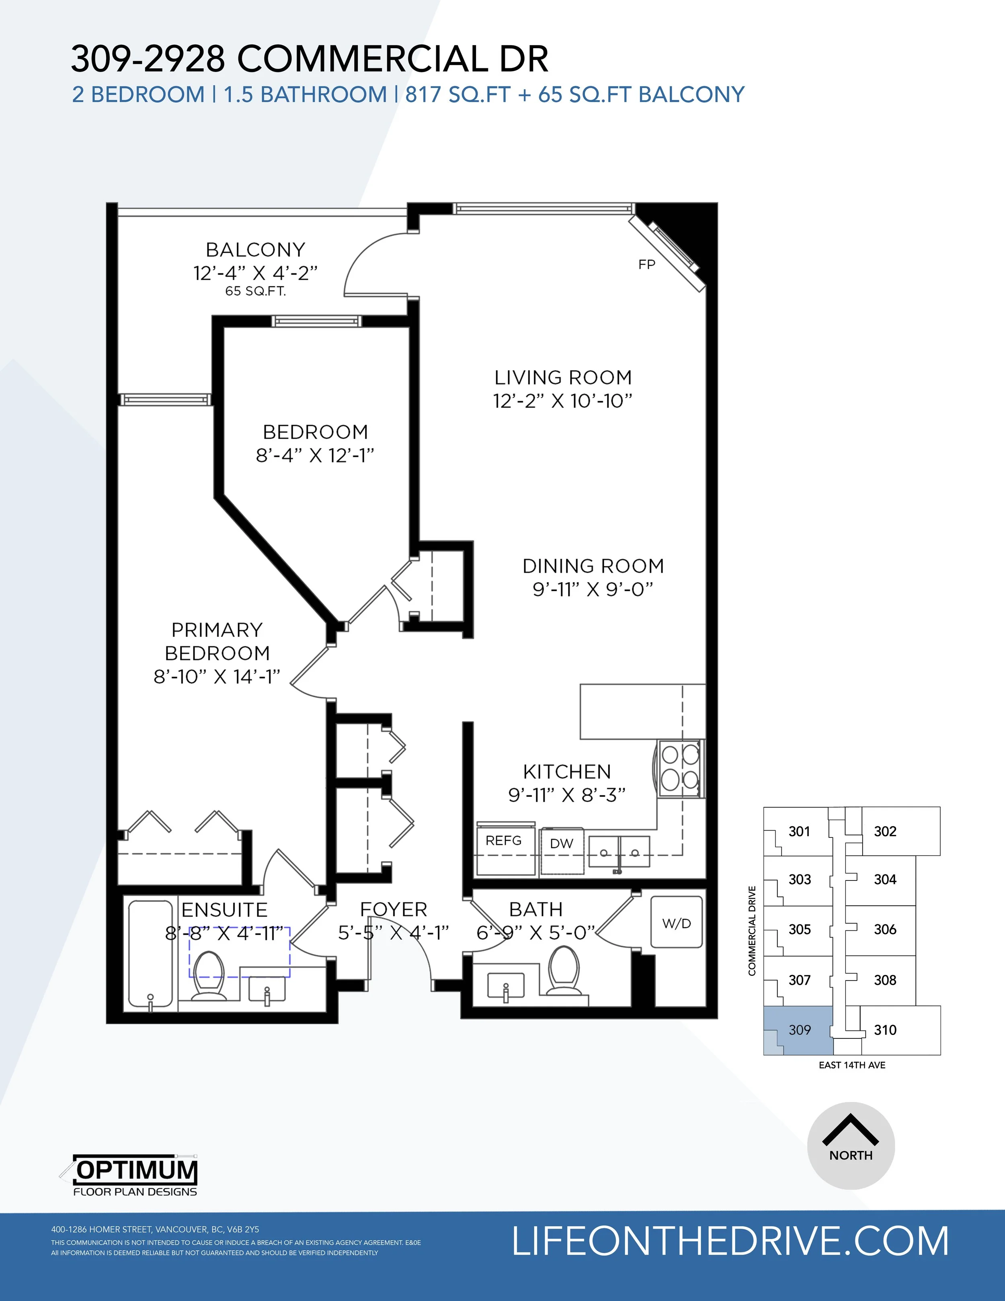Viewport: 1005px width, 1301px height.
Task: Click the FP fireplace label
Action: pos(646,265)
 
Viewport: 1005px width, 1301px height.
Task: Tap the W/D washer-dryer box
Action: pos(676,922)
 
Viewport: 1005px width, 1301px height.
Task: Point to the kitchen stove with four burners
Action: pos(681,768)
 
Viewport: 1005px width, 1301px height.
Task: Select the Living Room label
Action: pos(563,378)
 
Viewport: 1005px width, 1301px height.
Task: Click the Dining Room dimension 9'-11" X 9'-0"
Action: pos(593,589)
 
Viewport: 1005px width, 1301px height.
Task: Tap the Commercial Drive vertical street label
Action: pos(752,931)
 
